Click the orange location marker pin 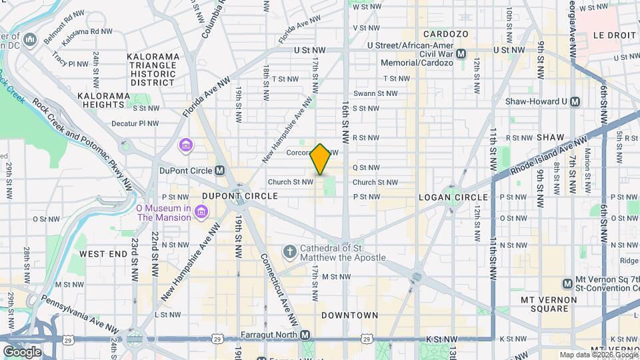click(321, 159)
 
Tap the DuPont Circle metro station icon click(220, 170)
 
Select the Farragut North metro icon click(305, 335)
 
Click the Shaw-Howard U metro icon click(575, 101)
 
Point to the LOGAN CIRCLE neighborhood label click(453, 197)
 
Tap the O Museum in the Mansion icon click(202, 212)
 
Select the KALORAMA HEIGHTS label click(103, 101)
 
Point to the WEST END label click(103, 254)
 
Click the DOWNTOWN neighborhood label click(349, 315)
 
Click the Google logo click(22, 351)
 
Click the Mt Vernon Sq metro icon click(567, 283)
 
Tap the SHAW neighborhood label click(551, 137)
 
